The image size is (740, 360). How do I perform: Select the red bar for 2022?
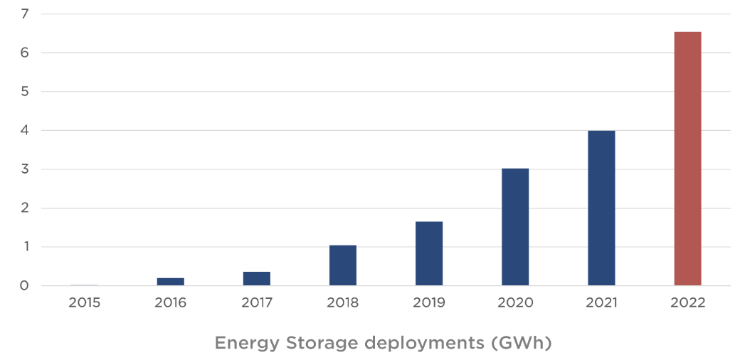687,159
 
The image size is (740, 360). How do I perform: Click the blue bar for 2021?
601,208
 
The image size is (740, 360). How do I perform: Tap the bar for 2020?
515,227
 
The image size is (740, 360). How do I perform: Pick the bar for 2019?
429,253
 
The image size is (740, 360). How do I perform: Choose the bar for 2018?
343,265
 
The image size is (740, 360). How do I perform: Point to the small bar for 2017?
257,278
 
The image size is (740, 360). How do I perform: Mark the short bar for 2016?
171,282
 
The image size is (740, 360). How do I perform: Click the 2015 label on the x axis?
85,303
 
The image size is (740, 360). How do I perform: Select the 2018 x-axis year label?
343,303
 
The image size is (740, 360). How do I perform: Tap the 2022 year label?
687,303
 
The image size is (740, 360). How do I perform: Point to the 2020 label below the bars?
515,303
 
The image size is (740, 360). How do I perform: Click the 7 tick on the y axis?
25,14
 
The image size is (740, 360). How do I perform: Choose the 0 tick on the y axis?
25,286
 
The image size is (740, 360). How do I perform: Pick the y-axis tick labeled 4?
25,131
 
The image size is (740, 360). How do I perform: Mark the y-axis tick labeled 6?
25,53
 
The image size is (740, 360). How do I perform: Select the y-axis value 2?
25,208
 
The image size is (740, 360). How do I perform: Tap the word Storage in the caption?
321,344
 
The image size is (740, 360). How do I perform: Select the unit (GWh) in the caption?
521,344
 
